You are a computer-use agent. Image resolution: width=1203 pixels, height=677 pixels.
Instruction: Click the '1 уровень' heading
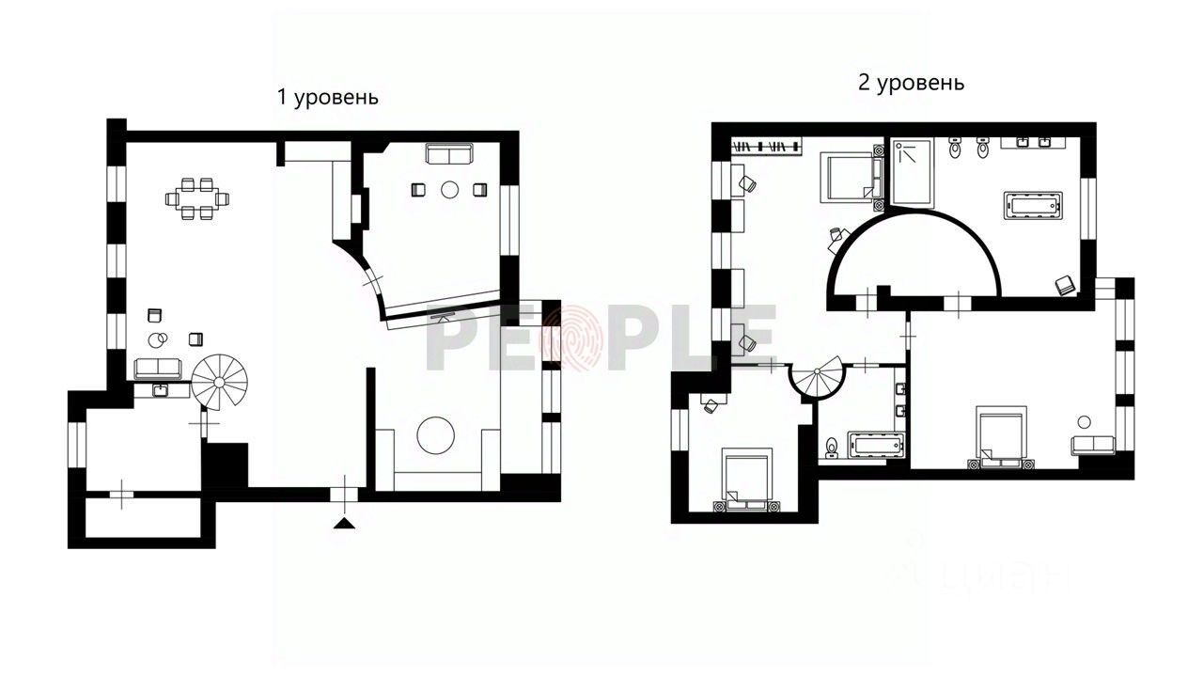point(328,98)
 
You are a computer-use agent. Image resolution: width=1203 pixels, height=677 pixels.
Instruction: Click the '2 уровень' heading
point(911,83)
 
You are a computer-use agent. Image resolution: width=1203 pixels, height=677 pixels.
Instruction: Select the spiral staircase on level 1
point(219,381)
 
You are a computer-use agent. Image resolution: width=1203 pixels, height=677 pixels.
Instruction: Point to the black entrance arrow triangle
point(345,523)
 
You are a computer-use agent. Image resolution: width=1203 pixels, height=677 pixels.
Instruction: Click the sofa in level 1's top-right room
point(449,153)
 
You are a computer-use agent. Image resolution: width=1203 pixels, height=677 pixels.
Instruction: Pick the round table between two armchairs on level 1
point(449,190)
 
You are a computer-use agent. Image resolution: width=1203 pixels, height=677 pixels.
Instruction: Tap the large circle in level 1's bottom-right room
point(436,435)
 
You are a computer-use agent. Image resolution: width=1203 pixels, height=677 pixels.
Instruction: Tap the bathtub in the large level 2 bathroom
point(1033,205)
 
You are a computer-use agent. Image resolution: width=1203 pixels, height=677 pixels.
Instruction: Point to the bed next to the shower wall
point(851,177)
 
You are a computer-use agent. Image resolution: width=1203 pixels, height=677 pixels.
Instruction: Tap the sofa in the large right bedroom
point(1091,446)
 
